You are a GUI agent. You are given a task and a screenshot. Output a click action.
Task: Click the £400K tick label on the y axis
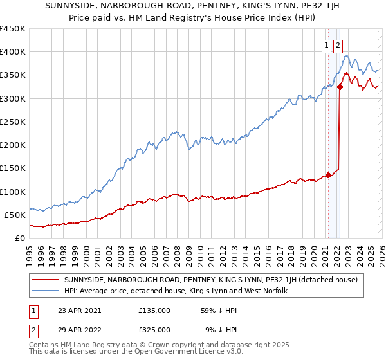13,52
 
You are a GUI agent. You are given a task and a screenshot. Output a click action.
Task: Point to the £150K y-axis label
13,168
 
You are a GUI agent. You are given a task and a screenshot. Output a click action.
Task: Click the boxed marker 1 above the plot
327,45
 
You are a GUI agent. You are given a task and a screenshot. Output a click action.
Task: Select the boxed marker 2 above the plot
338,45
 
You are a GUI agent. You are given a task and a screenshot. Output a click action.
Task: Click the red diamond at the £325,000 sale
340,87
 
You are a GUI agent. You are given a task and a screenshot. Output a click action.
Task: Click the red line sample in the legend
46,280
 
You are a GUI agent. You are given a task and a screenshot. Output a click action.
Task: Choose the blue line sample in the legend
46,291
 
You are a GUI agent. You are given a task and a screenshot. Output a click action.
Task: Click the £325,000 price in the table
154,329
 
